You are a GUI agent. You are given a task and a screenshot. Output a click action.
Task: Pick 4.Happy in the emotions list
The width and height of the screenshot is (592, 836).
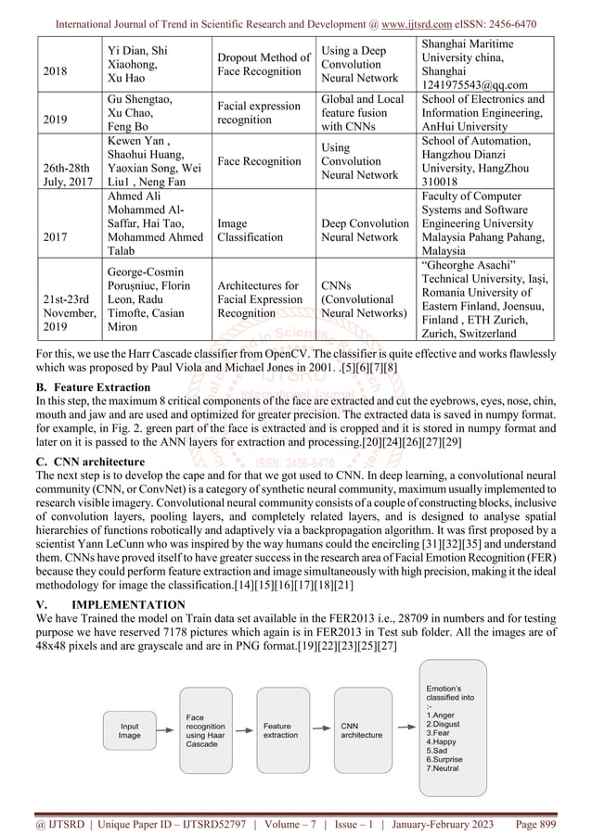click(441, 741)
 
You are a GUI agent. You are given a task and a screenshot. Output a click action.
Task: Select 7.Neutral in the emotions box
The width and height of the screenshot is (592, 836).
click(444, 769)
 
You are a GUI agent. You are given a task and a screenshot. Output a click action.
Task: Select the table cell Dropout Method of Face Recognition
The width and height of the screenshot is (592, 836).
click(264, 64)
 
